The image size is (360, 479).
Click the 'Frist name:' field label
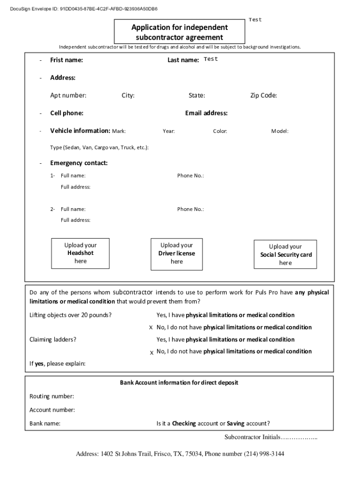pos(66,60)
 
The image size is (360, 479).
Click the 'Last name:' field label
pos(183,60)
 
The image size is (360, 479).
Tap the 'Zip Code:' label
pos(264,96)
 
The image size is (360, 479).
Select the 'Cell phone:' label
pos(67,113)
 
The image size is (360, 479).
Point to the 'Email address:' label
pos(206,113)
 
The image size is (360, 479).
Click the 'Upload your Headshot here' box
pos(80,253)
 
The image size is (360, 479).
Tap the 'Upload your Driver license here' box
pos(177,254)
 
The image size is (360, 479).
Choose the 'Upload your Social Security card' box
pos(285,254)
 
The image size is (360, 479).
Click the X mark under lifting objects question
pos(151,327)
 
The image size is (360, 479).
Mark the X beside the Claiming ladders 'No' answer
pos(151,352)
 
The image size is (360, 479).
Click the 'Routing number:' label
pos(51,397)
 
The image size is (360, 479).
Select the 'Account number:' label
pos(52,410)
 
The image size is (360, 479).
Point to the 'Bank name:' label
pos(45,424)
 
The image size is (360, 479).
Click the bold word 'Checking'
pos(184,424)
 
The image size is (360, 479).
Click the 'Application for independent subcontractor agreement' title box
pos(180,32)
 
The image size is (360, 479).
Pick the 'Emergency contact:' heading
pos(79,163)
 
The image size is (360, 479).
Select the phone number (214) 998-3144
pos(264,454)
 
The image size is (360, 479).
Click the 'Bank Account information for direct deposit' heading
pos(179,383)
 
